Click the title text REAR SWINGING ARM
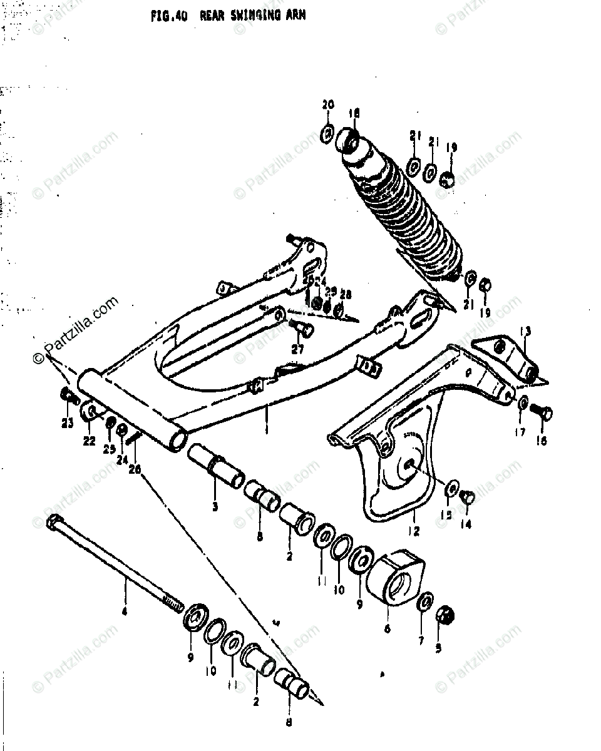[253, 16]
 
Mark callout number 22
[89, 441]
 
